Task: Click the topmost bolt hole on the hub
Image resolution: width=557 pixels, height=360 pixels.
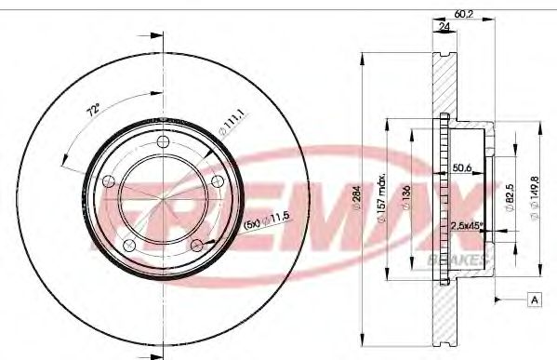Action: pyautogui.click(x=164, y=141)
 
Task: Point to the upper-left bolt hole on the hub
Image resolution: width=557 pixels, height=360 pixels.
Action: pyautogui.click(x=111, y=180)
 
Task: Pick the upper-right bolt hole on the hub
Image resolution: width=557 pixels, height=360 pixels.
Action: pyautogui.click(x=216, y=180)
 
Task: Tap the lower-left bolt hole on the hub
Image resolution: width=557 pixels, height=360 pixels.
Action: pyautogui.click(x=131, y=244)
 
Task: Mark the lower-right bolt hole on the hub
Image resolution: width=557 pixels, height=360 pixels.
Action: pyautogui.click(x=196, y=244)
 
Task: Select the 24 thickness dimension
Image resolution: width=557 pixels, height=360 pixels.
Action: pyautogui.click(x=444, y=27)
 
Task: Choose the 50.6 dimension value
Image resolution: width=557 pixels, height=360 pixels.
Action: pyautogui.click(x=462, y=167)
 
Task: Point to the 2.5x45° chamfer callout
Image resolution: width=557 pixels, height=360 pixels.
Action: pyautogui.click(x=465, y=226)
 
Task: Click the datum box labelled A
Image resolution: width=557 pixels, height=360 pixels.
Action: pyautogui.click(x=535, y=299)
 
